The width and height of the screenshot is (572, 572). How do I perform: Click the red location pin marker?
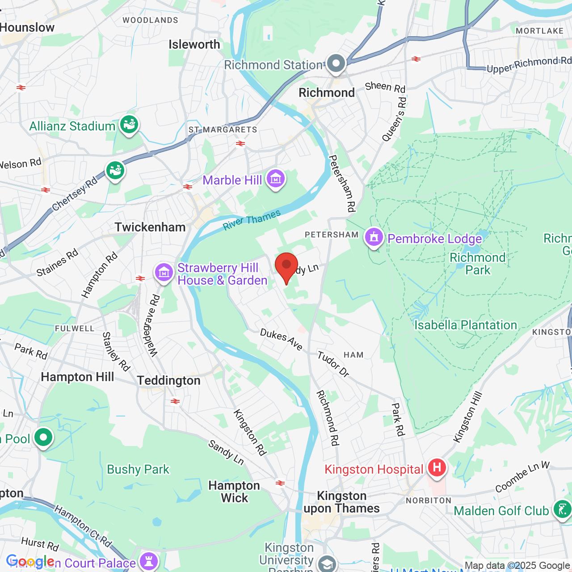(286, 266)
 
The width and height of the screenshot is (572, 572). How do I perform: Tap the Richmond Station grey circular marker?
(336, 63)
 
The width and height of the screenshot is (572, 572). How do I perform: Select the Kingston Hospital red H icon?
(437, 468)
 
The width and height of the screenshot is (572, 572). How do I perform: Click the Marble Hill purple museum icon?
(275, 179)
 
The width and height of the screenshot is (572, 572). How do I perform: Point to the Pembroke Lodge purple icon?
(374, 237)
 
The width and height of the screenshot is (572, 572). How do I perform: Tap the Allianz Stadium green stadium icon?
(129, 125)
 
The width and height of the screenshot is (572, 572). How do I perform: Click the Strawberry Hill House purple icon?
(164, 272)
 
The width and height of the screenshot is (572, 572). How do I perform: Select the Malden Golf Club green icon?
(562, 509)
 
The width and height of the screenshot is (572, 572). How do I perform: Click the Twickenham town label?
(150, 227)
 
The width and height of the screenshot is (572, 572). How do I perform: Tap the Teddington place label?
(168, 380)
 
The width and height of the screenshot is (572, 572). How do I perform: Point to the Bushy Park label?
(138, 469)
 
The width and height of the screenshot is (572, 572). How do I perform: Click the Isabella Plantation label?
(465, 325)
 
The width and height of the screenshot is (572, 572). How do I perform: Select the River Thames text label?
(252, 220)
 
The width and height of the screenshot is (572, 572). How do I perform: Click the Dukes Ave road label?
(281, 340)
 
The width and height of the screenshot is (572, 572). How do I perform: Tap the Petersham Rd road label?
(342, 183)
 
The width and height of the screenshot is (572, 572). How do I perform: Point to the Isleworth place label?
(194, 44)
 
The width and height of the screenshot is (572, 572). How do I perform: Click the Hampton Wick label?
(234, 492)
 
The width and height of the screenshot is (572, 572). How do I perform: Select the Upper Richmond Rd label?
(529, 65)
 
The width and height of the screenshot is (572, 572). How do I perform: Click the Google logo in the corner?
(30, 561)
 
